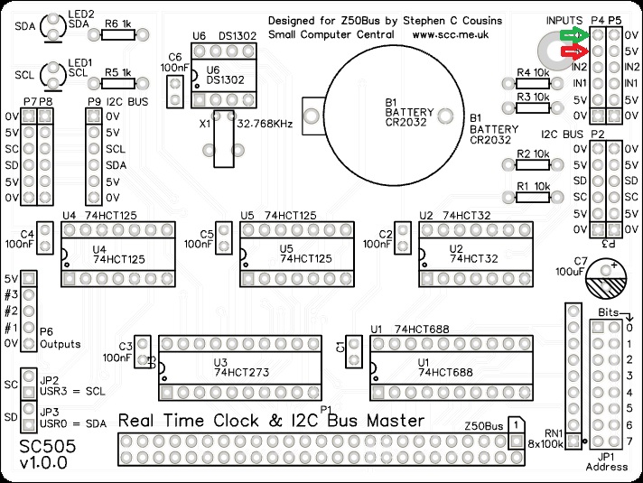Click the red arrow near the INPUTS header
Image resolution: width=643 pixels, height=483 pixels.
572,52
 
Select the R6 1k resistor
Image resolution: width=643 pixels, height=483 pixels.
118,35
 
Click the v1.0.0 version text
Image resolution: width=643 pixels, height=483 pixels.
43,464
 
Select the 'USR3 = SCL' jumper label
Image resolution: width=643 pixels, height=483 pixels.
70,392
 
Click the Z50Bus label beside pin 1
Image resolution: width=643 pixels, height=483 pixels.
482,425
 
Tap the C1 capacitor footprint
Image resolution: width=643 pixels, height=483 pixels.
353,347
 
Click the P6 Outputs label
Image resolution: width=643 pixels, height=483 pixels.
60,339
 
